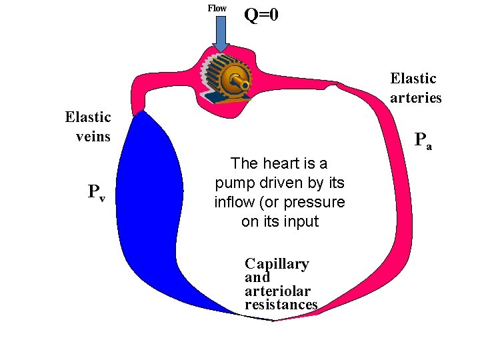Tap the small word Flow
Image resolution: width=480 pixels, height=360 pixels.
(x=217, y=8)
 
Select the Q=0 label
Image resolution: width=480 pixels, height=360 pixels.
(x=261, y=15)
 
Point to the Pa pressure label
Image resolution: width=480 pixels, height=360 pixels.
(x=423, y=141)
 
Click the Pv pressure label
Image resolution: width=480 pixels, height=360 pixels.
(x=97, y=193)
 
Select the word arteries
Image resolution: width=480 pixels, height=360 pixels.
(x=416, y=97)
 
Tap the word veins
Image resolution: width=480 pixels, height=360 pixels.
(x=93, y=137)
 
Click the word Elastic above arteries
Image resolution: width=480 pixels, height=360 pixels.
(x=413, y=79)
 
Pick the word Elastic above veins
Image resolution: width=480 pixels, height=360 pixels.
(x=88, y=117)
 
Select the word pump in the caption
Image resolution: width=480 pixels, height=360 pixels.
(x=233, y=183)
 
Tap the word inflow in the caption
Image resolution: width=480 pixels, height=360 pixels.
(x=233, y=202)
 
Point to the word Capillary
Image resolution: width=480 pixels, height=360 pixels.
(x=277, y=264)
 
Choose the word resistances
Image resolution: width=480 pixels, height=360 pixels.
(x=281, y=305)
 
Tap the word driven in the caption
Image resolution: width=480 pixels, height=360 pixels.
(x=288, y=183)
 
